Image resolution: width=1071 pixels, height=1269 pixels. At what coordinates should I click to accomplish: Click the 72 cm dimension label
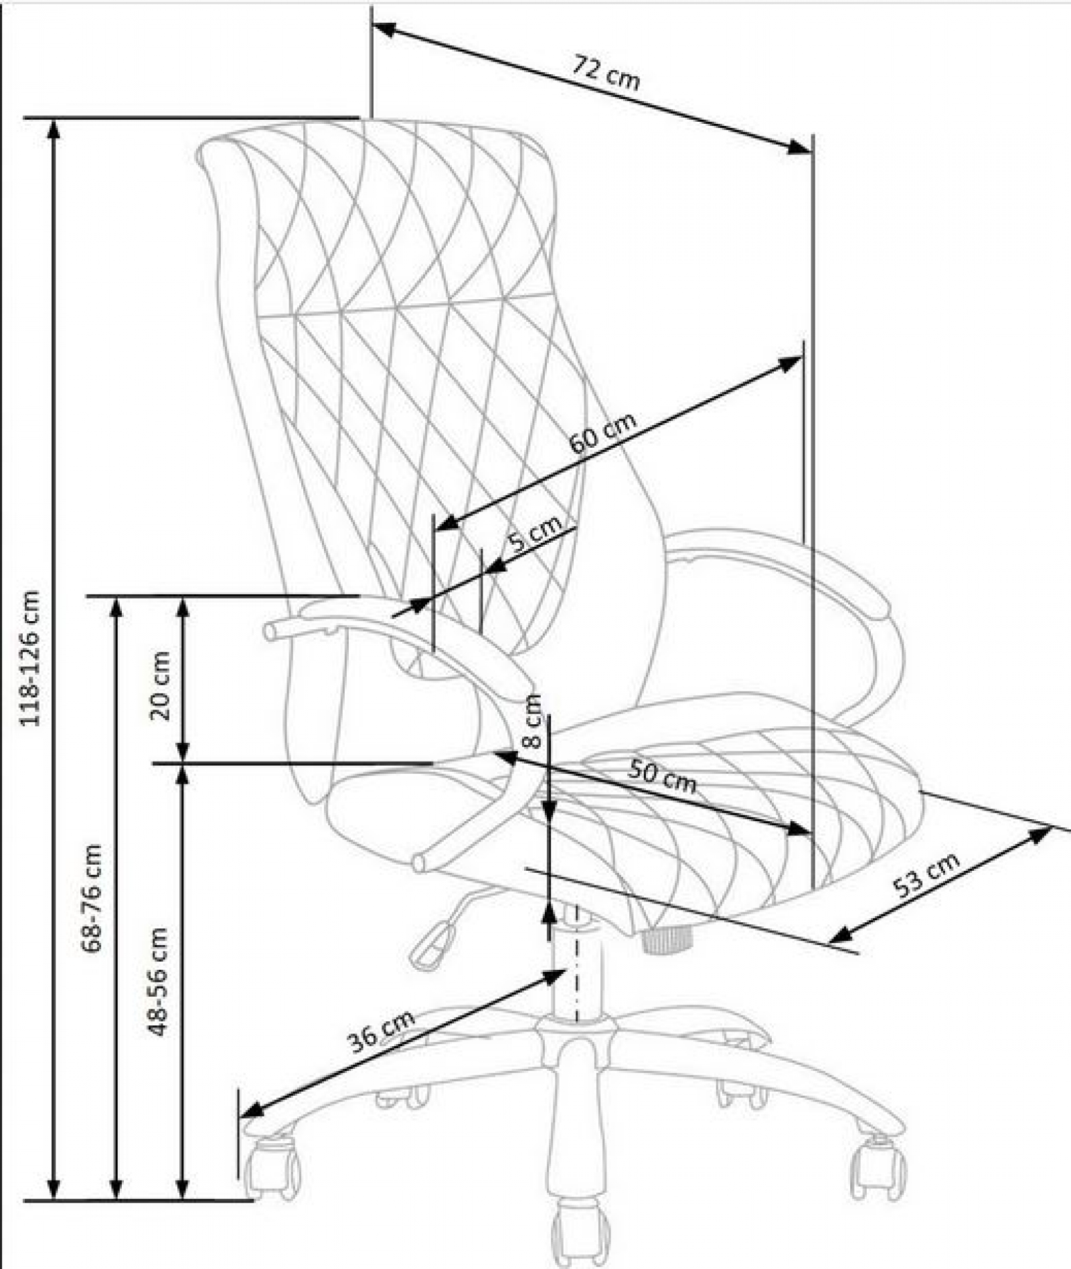(606, 73)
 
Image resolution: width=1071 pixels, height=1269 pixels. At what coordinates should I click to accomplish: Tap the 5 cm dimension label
(535, 531)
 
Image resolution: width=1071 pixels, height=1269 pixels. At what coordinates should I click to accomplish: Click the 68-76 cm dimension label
(92, 898)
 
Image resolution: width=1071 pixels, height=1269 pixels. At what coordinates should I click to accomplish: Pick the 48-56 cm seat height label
(158, 981)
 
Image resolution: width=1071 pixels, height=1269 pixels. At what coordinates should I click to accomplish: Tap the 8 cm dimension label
(532, 721)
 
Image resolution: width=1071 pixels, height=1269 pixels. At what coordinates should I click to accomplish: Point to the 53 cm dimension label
(927, 875)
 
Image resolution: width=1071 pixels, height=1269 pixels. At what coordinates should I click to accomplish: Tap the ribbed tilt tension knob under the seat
(666, 940)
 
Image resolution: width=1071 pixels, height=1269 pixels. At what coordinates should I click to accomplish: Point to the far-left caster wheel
(271, 1165)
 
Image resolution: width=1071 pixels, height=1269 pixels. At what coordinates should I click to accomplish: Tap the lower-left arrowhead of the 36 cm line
(251, 1109)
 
